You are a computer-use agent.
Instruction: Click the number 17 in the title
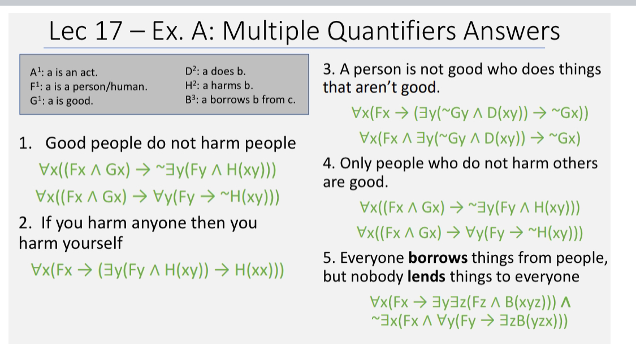pyautogui.click(x=109, y=31)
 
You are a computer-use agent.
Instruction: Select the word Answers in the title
pyautogui.click(x=512, y=31)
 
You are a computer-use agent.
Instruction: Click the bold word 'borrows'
pyautogui.click(x=438, y=258)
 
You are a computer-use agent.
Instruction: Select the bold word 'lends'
pyautogui.click(x=426, y=276)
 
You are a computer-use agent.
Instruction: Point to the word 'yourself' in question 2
pyautogui.click(x=97, y=243)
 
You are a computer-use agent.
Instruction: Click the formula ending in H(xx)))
pyautogui.click(x=157, y=270)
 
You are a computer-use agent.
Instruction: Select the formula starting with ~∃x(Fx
pyautogui.click(x=469, y=321)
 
